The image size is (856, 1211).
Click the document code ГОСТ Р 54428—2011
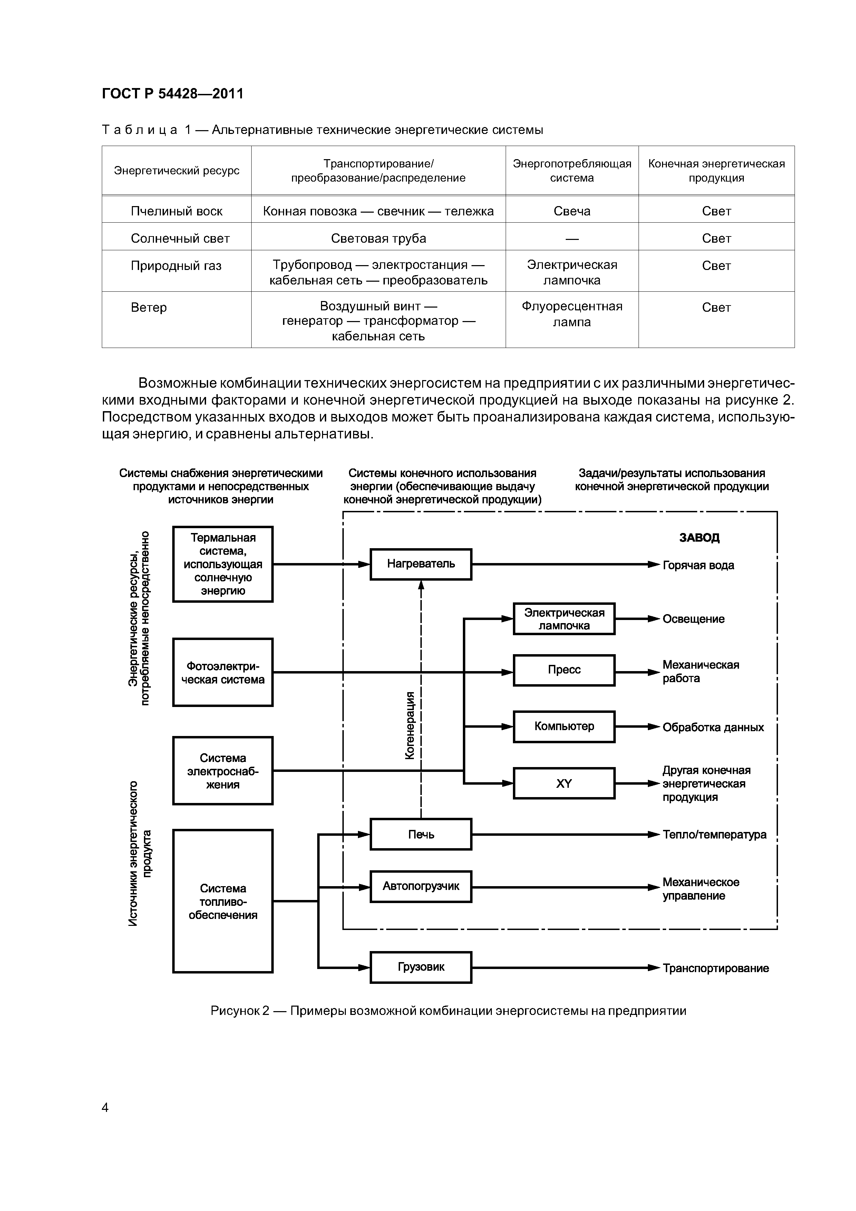[x=173, y=94]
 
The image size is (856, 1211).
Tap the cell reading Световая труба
[x=378, y=239]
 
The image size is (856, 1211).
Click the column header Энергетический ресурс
[x=177, y=171]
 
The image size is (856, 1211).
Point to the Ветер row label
[x=149, y=308]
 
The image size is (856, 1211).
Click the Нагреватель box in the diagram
[x=420, y=564]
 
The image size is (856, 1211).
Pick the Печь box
[x=420, y=834]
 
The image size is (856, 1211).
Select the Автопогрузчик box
[x=420, y=886]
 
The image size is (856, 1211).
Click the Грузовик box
[x=420, y=967]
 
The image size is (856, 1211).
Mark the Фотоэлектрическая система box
[x=223, y=672]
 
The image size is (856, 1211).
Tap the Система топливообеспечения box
[x=223, y=901]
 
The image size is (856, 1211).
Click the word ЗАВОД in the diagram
[x=699, y=537]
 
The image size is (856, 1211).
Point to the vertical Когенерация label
[x=410, y=725]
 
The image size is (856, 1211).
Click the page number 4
[x=105, y=1107]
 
